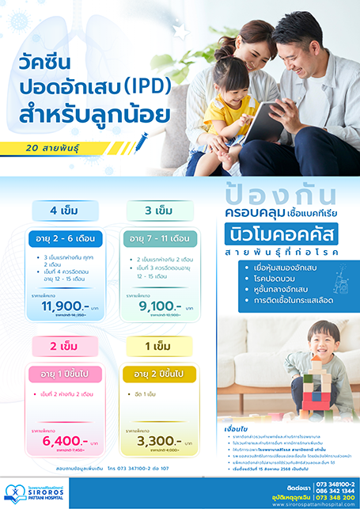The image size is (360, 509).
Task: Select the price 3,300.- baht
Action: [x=150, y=439]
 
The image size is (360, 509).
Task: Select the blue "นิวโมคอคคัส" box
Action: [x=281, y=235]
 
